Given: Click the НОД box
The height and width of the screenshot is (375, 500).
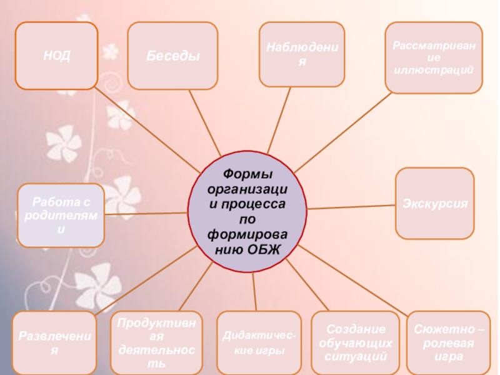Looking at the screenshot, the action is coord(57,56).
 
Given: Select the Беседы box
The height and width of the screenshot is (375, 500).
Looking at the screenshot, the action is coord(173,56).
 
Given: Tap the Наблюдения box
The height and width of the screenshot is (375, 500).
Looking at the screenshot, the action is coord(302,54).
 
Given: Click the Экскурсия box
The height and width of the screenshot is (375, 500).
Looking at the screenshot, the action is coord(435,204).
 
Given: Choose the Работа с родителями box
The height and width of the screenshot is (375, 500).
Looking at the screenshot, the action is coord(61,214).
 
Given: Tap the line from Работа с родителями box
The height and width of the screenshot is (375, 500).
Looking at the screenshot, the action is coord(147,214).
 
